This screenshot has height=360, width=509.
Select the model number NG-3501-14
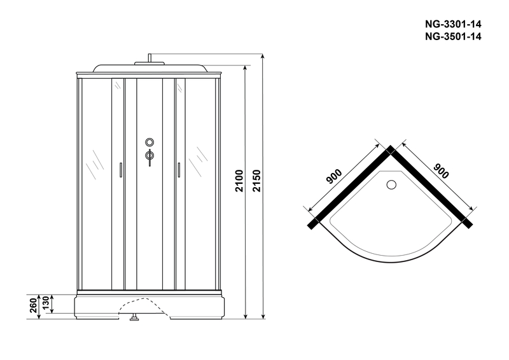click(x=452, y=36)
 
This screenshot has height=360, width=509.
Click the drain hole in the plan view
click(x=391, y=186)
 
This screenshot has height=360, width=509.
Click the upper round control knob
click(x=150, y=142)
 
